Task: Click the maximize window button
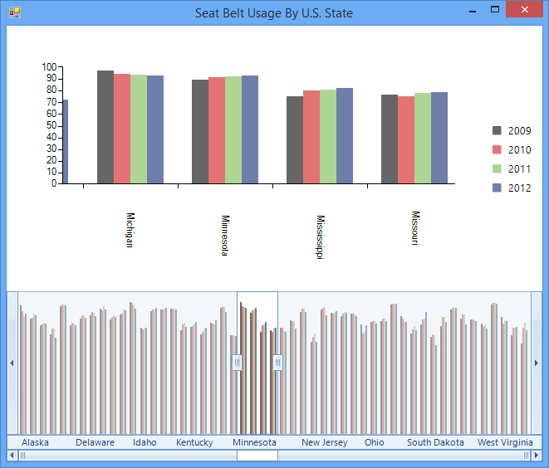[495, 10]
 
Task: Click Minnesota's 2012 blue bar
[250, 129]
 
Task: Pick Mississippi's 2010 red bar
[311, 137]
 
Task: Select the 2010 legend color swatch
[498, 150]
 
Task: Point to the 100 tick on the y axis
[50, 67]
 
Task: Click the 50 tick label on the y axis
[52, 125]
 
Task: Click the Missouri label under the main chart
[415, 227]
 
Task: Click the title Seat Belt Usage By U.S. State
[274, 13]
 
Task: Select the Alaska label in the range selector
[35, 442]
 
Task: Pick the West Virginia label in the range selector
[505, 442]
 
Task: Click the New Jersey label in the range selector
[324, 442]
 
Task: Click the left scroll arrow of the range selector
[12, 363]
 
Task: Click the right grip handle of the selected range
[277, 363]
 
